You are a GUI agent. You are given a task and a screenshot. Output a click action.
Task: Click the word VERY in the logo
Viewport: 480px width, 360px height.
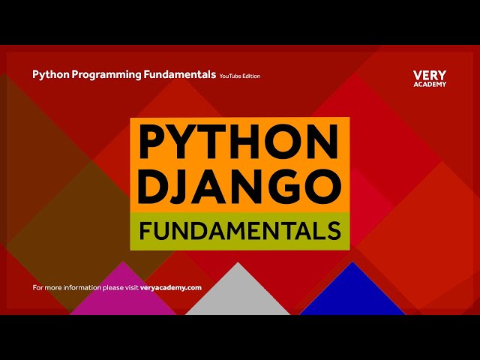[430, 76]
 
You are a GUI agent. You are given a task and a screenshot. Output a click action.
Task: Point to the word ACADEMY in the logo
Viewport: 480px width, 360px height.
[430, 84]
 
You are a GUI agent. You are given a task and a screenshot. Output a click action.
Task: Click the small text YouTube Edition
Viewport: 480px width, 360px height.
[240, 76]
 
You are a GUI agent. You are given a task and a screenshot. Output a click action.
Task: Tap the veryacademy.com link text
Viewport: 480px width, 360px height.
[171, 287]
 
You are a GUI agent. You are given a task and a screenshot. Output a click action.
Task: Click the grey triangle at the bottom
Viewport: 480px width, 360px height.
[238, 296]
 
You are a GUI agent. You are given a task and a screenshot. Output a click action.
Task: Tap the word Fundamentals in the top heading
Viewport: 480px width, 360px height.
[177, 75]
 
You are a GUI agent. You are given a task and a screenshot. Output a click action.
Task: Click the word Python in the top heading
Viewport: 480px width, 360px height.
[47, 75]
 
